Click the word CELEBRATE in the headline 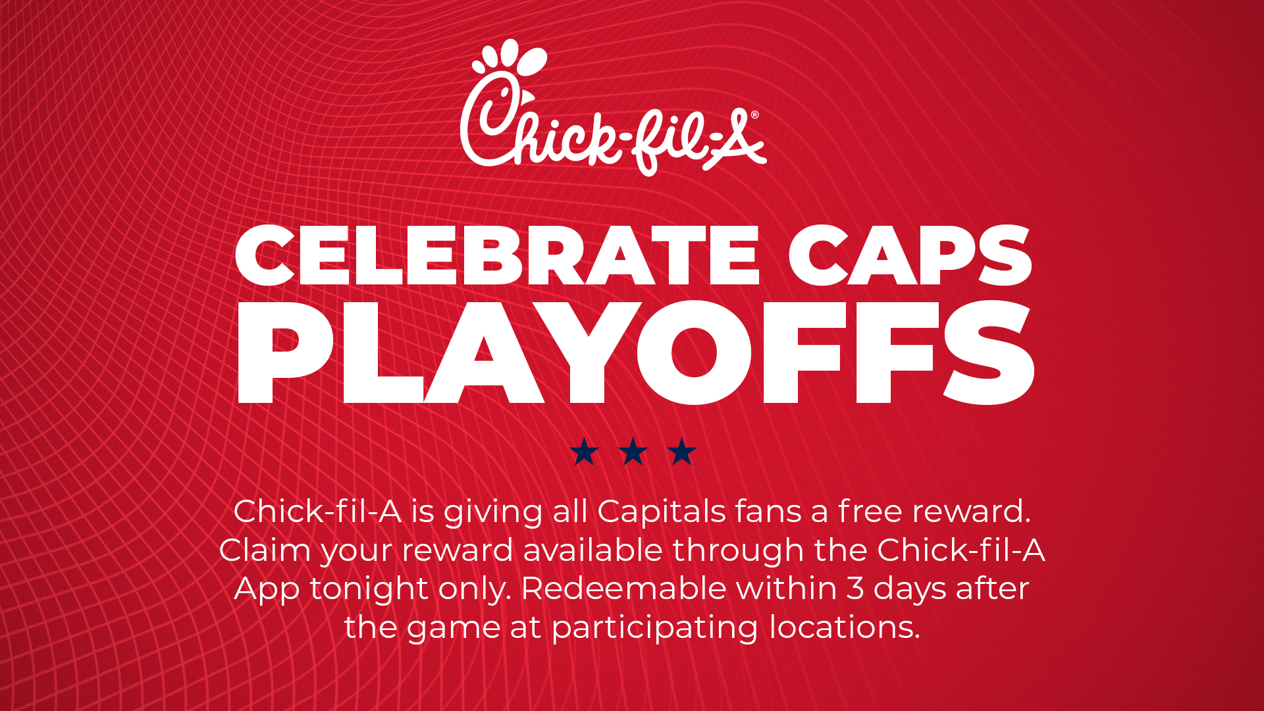(497, 255)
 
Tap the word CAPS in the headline (910, 255)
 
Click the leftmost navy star (584, 452)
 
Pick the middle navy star (633, 452)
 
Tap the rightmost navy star (682, 452)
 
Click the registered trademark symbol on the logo (754, 115)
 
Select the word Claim (265, 550)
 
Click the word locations (844, 627)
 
